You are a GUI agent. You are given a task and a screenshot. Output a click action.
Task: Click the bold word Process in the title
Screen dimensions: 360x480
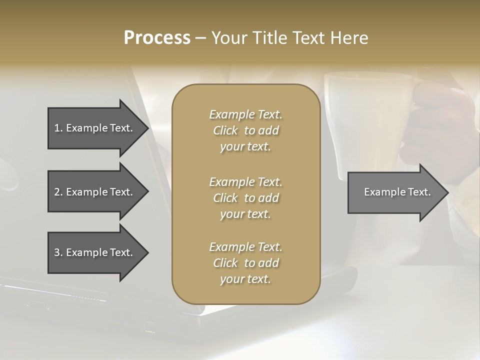coord(157,37)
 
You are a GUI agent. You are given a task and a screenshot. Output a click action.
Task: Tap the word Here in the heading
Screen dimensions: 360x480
coord(349,37)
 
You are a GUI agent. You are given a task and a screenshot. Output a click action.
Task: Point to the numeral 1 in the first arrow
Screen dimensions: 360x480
coord(57,128)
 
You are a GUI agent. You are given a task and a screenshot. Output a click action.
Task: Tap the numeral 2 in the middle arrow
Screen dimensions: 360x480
coord(57,192)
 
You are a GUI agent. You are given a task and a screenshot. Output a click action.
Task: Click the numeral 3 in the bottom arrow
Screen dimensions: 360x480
coord(57,252)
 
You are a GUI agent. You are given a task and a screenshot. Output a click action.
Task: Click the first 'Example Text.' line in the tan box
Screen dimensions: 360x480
coord(245,114)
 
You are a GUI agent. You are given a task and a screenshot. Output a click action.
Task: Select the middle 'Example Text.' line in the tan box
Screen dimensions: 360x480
coord(245,181)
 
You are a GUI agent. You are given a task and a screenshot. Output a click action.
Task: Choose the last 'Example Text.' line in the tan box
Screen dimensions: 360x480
coord(245,247)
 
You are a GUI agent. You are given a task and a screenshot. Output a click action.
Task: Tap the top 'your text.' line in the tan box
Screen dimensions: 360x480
coord(245,147)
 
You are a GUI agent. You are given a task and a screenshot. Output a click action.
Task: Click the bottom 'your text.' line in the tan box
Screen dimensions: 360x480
coord(245,279)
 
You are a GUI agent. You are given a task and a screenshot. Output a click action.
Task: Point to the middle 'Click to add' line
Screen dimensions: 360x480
coord(245,198)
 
